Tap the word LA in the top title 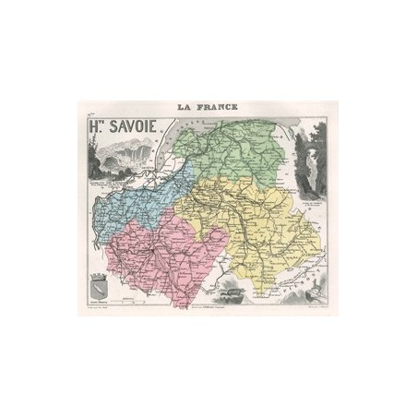point(180,107)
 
